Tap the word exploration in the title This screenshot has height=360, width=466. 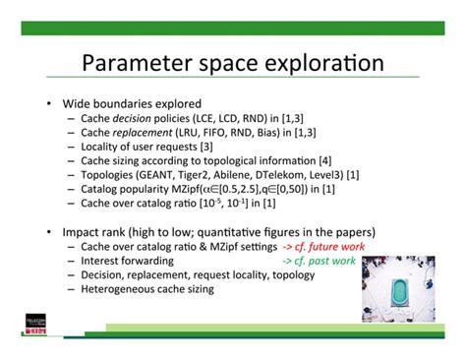[326, 65]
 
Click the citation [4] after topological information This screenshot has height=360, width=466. [324, 160]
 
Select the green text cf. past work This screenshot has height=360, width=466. [323, 261]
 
